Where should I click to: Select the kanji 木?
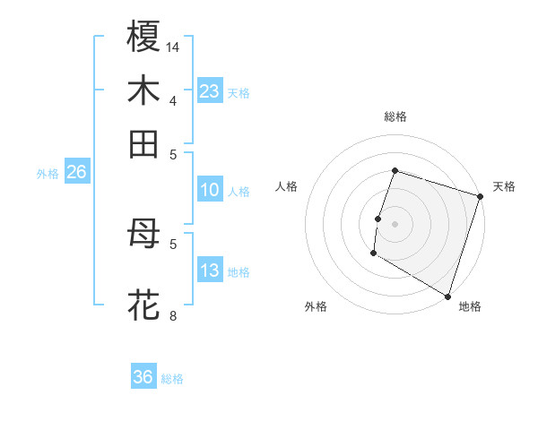(x=143, y=90)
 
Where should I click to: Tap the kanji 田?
(x=143, y=143)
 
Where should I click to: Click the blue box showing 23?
(x=210, y=91)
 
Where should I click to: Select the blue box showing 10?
(x=210, y=190)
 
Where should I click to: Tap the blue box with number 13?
(x=210, y=271)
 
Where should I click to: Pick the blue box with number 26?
(x=76, y=173)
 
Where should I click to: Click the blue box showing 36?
(x=143, y=377)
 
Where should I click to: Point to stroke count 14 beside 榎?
(x=173, y=47)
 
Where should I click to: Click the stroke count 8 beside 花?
(x=173, y=316)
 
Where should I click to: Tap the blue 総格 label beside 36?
(x=172, y=379)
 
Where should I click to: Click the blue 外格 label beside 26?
(x=48, y=174)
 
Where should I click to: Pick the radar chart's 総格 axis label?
(x=395, y=116)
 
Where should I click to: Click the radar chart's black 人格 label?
(x=286, y=186)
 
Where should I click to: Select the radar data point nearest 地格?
(x=447, y=295)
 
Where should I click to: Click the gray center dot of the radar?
(x=395, y=224)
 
